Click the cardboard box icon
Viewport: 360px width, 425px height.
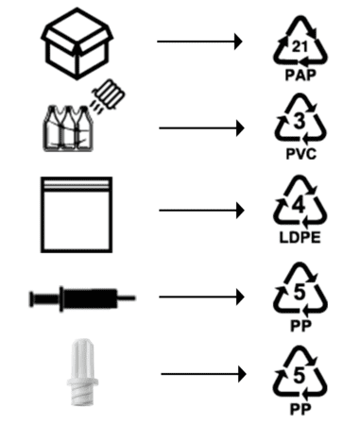(x=77, y=44)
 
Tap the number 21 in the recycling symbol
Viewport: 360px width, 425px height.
(x=300, y=47)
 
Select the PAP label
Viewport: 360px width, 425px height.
(x=300, y=76)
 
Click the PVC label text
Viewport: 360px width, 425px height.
(x=300, y=154)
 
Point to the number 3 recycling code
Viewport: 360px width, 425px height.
(x=300, y=121)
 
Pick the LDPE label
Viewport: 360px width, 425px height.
(x=300, y=237)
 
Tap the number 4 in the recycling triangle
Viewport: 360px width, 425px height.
(x=299, y=206)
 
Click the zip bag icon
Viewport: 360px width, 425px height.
(x=77, y=214)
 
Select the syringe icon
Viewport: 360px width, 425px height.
(x=82, y=298)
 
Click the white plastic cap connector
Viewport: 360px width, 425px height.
(x=82, y=372)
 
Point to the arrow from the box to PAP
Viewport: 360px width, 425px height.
(x=199, y=42)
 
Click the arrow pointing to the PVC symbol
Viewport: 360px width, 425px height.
(x=201, y=128)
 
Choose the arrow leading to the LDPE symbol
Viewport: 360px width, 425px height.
(x=201, y=211)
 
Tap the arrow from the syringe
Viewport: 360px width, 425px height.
(x=201, y=297)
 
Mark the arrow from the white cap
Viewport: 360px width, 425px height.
(x=203, y=374)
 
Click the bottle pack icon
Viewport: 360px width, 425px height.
(x=68, y=128)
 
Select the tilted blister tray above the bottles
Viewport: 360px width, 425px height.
(x=109, y=94)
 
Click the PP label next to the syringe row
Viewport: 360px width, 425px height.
(x=300, y=326)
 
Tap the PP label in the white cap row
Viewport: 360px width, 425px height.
(x=300, y=410)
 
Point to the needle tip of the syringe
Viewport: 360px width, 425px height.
(x=135, y=297)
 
